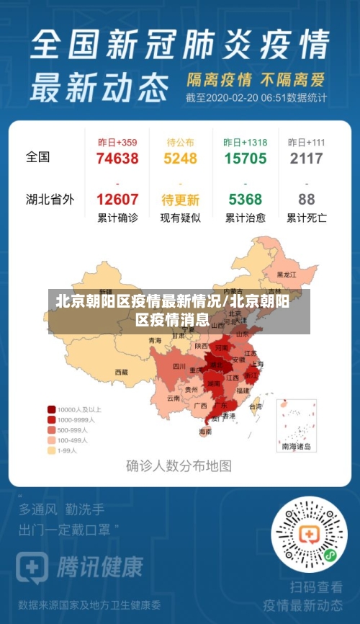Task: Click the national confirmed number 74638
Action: [x=117, y=159]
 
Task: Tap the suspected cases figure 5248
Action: [x=180, y=159]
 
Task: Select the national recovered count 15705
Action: [x=245, y=159]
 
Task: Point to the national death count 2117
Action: [x=306, y=159]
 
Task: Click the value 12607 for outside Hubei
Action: [x=117, y=200]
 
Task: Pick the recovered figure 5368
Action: [x=245, y=200]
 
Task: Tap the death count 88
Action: [x=307, y=200]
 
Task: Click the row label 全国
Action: [x=38, y=157]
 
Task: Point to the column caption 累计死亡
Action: [x=307, y=218]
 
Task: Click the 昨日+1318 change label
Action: [x=245, y=143]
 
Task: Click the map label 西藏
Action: [x=121, y=373]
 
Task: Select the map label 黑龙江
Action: [x=287, y=275]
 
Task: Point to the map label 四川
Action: [x=179, y=366]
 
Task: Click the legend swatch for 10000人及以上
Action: [x=52, y=409]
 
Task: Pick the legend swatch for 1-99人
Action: [x=52, y=450]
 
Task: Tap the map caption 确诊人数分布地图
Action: [x=179, y=466]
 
